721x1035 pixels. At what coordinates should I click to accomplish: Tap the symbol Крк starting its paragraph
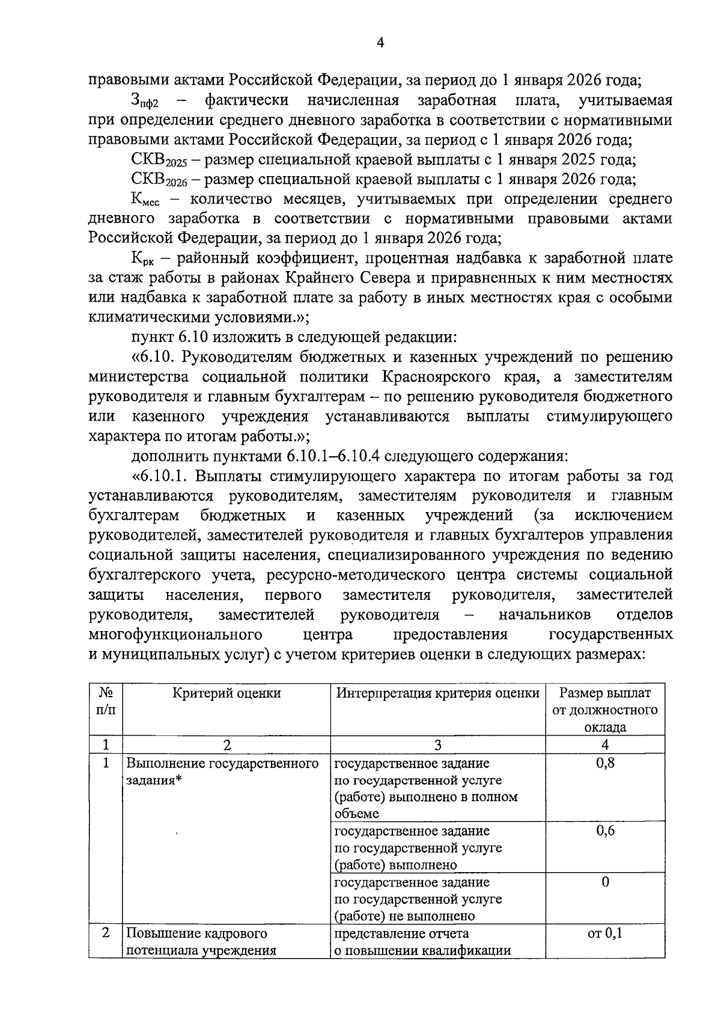[x=142, y=260]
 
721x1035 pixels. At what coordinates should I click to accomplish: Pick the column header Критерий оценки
[x=227, y=693]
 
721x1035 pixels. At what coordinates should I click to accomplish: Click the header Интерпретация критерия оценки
[x=437, y=693]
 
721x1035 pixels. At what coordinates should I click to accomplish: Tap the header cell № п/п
[x=106, y=701]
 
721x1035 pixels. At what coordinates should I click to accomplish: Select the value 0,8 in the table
[x=605, y=763]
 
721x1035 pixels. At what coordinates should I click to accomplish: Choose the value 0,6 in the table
[x=605, y=831]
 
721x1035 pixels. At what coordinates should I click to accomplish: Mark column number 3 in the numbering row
[x=437, y=745]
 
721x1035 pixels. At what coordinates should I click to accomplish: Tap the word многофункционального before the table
[x=174, y=635]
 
